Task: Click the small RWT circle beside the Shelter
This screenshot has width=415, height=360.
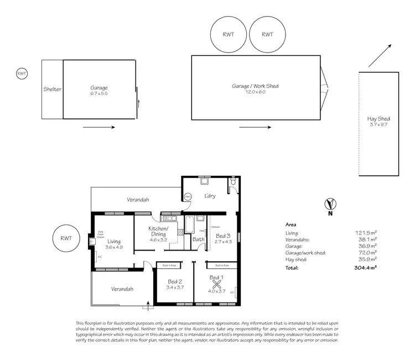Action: tap(22, 73)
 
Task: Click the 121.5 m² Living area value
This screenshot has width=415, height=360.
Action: tap(366, 233)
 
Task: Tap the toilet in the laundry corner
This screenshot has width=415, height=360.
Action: tap(234, 181)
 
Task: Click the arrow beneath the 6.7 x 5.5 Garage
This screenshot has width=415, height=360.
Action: tap(99, 127)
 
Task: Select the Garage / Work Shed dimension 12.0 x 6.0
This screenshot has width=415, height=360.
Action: tap(256, 92)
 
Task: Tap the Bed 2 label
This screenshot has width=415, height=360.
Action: tap(175, 281)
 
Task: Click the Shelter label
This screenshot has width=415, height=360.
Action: tap(52, 88)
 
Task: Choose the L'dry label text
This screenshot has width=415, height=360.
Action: tap(210, 196)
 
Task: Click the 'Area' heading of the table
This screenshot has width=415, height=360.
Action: tap(290, 225)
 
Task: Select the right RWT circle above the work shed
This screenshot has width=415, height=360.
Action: tap(267, 34)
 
